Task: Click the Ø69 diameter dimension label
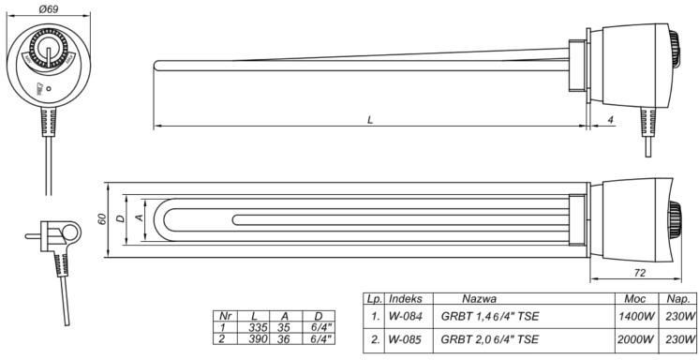click(49, 8)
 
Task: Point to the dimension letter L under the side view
click(369, 120)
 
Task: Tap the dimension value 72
click(639, 273)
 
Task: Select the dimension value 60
click(102, 219)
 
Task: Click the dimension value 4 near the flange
click(610, 120)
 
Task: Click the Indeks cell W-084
click(405, 316)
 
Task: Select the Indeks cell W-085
click(405, 339)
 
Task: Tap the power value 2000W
click(635, 339)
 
